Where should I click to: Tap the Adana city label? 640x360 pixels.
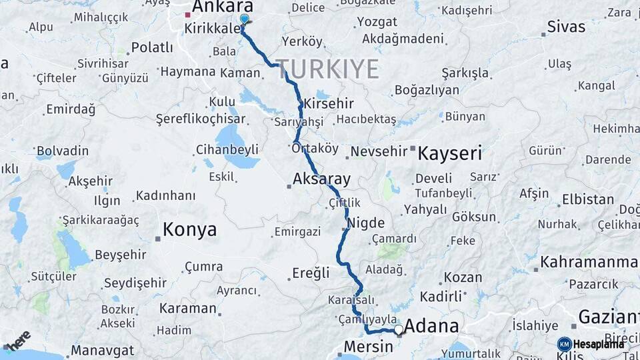coord(431,326)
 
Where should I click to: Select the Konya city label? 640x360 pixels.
coord(189,230)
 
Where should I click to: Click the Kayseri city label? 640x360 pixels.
coord(449,153)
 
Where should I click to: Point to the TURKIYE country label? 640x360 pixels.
coord(327,69)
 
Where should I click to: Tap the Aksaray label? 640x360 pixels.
coord(321,179)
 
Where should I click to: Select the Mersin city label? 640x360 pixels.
coord(368,347)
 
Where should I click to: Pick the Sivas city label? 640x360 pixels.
coord(566,27)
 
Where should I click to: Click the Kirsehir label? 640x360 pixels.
coord(329,104)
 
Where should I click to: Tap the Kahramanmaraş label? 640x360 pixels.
coord(589,262)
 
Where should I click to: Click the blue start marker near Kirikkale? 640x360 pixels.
coord(244,19)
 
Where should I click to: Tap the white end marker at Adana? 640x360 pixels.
coord(399,329)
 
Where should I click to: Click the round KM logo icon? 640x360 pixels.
coord(565,344)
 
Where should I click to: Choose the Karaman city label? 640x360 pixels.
coord(187,309)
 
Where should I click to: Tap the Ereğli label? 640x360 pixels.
coord(311,273)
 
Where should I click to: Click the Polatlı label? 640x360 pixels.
coord(153,47)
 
